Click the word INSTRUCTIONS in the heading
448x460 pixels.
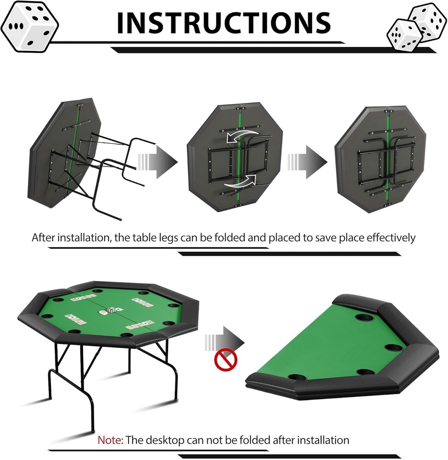pos(224,22)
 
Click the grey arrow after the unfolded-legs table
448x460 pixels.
pos(158,161)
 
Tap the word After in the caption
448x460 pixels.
pos(44,237)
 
